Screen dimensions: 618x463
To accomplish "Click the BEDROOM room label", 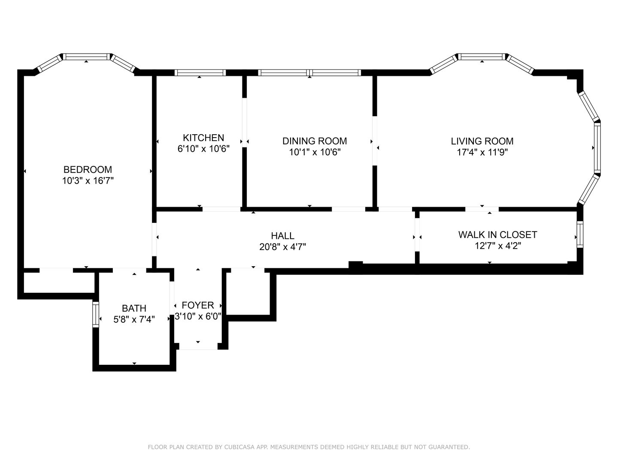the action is coord(88,169).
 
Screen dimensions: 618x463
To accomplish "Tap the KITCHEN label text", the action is coord(203,138).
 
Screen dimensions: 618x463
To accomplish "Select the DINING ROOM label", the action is coord(315,141).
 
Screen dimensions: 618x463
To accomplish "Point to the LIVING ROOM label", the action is coord(482,141).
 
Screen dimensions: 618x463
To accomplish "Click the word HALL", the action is coord(282,236).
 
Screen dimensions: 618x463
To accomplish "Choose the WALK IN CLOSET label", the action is coord(497,235).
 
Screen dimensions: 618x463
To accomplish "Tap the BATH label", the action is coord(134,308).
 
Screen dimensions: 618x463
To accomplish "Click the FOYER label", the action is coord(198,305).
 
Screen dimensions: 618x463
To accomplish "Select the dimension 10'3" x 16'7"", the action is coord(88,180).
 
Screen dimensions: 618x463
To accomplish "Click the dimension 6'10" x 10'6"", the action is coord(203,148).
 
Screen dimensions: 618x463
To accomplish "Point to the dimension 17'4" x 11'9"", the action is coord(482,152).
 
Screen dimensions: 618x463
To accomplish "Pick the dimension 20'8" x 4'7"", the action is coord(282,247).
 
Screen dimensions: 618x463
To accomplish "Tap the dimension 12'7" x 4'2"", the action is coord(497,246).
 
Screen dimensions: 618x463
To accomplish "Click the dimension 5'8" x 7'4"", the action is coord(134,319).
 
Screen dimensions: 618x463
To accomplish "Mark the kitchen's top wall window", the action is coord(200,73).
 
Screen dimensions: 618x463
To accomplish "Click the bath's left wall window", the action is coord(96,315).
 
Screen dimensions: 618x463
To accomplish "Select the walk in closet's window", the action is coord(580,235).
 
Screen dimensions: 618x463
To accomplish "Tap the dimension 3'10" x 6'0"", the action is coord(198,316).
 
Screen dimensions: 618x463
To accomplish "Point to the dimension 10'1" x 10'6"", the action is coord(315,152).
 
